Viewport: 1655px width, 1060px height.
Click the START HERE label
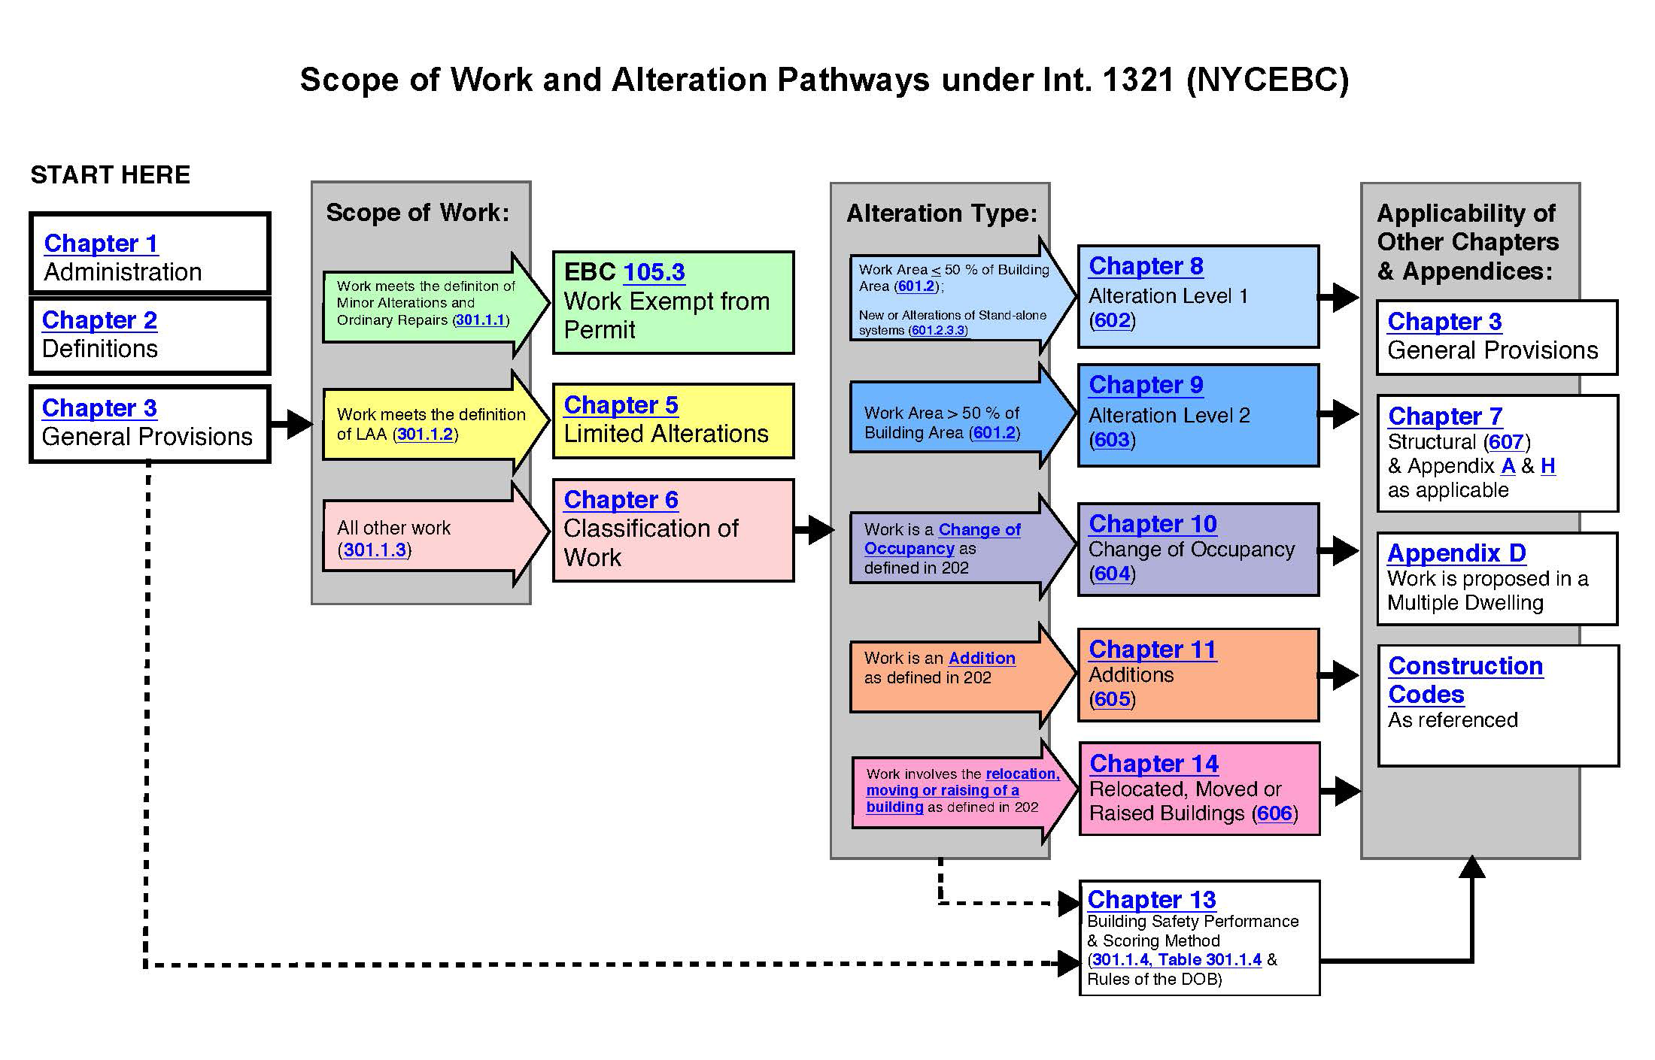(x=110, y=175)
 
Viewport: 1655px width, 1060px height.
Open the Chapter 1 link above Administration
(x=101, y=244)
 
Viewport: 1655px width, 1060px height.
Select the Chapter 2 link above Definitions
(x=99, y=320)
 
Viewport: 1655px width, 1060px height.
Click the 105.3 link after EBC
(x=654, y=272)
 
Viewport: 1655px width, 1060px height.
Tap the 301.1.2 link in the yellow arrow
(x=425, y=435)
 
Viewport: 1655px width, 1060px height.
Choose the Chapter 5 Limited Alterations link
(x=621, y=405)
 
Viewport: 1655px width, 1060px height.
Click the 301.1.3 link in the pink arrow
(x=375, y=550)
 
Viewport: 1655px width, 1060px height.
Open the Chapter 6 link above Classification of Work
(x=621, y=500)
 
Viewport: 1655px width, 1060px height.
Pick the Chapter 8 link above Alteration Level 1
(x=1146, y=266)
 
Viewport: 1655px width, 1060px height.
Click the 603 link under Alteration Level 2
(x=1112, y=440)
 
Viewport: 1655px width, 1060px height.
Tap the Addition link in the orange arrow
(x=982, y=659)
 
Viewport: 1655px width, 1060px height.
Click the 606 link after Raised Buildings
(x=1274, y=813)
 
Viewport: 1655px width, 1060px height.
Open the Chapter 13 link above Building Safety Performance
(x=1151, y=900)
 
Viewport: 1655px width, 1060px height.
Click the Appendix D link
(x=1456, y=553)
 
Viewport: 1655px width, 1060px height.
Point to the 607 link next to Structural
(x=1505, y=442)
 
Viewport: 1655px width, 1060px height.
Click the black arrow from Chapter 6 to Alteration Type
(x=813, y=529)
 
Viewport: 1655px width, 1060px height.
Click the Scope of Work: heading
(x=418, y=213)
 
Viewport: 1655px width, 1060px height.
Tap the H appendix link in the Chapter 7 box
(x=1547, y=466)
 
